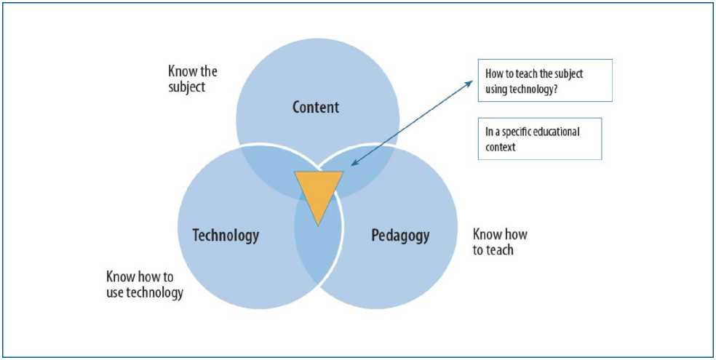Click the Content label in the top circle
(316, 108)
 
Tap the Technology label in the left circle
(226, 236)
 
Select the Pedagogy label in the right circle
(400, 236)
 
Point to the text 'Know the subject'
(192, 79)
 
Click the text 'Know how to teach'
(500, 242)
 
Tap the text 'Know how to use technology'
(144, 284)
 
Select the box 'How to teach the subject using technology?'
(544, 80)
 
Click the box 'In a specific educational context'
(539, 138)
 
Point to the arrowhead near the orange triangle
(353, 166)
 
